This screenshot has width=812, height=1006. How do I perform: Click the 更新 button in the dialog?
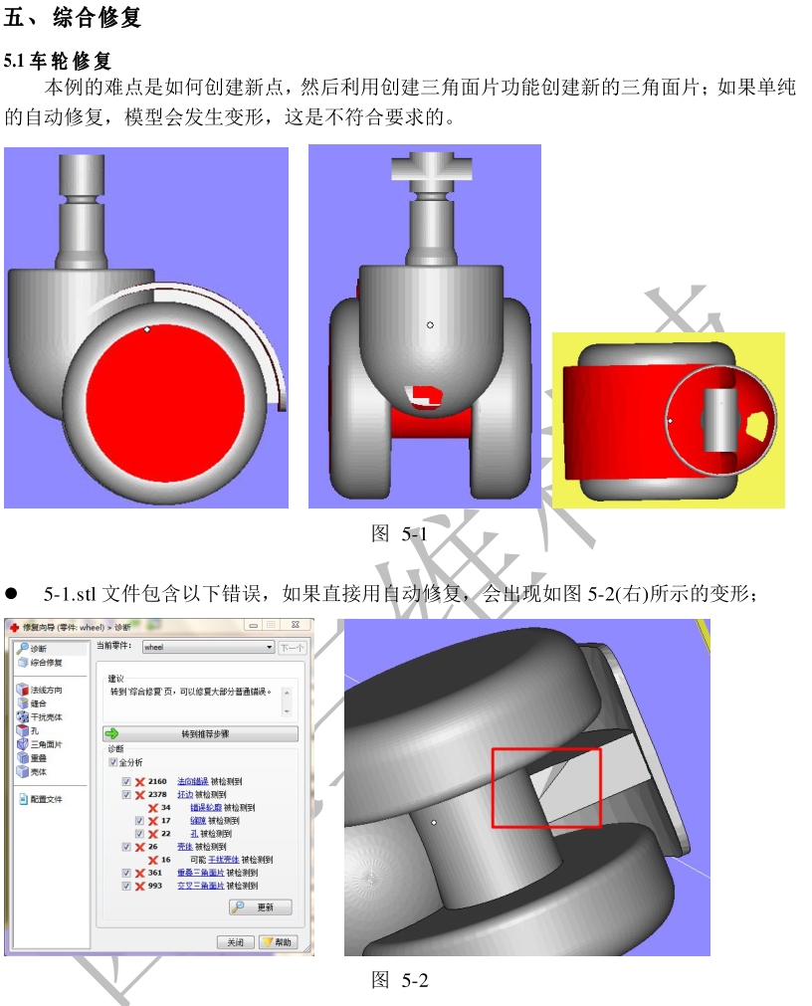click(x=260, y=907)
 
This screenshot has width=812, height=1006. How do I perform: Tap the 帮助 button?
click(x=279, y=942)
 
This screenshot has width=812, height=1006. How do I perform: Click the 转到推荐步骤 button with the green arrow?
click(x=201, y=733)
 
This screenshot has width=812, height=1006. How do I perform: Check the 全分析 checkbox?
click(x=112, y=762)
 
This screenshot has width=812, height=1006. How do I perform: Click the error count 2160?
click(x=157, y=782)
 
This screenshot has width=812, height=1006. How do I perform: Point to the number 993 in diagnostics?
click(x=155, y=886)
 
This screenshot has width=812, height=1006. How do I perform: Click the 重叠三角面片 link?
click(x=200, y=873)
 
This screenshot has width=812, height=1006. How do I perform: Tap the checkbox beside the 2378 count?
click(x=126, y=795)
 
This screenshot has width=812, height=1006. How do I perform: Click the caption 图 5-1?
click(x=399, y=534)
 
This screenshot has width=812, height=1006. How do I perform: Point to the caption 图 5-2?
click(x=399, y=980)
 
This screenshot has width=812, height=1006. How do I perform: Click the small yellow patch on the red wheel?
click(x=756, y=425)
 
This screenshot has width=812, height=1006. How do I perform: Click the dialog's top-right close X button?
click(x=297, y=626)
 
